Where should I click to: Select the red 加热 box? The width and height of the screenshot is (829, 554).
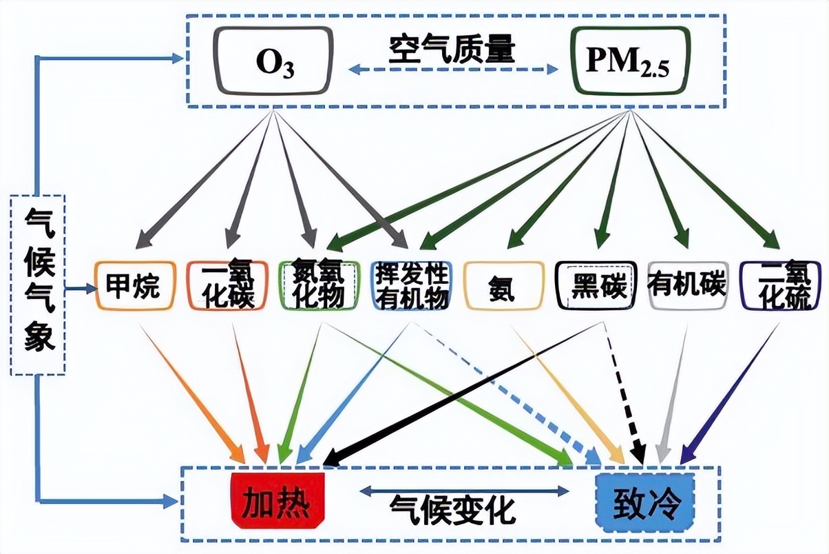[x=277, y=501]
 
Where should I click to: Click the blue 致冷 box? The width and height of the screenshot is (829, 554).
[x=644, y=503]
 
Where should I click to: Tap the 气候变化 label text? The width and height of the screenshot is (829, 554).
[x=452, y=509]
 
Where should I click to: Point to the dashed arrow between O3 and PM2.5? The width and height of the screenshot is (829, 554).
[x=453, y=69]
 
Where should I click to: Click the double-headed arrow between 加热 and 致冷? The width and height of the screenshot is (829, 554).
[x=465, y=491]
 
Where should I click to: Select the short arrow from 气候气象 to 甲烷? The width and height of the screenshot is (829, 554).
[x=81, y=288]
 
